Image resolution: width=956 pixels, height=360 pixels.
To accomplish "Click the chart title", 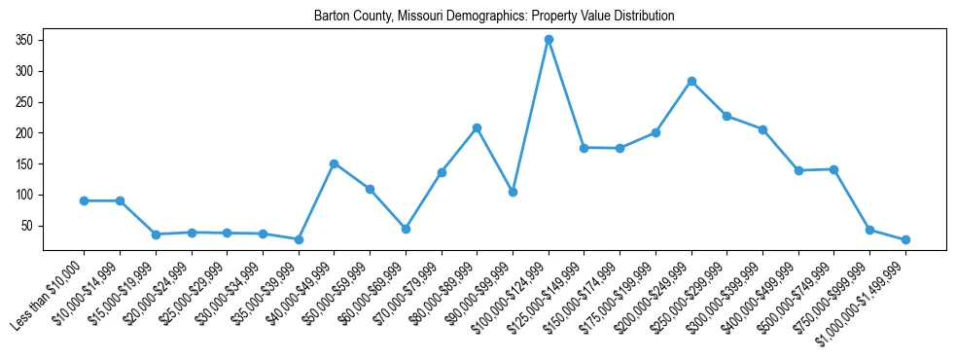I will (494, 17).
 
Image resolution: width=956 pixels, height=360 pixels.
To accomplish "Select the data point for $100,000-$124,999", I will (549, 40).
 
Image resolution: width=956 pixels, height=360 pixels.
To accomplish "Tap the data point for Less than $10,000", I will (85, 200).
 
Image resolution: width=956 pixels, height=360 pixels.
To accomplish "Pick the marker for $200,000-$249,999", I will (691, 82).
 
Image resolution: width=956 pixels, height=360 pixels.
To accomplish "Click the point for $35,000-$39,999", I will (299, 239).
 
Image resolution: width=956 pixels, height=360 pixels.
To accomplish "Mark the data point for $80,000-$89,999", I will (477, 127).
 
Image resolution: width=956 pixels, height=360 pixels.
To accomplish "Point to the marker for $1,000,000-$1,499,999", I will (905, 239).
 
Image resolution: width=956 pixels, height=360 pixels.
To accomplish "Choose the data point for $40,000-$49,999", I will (335, 163).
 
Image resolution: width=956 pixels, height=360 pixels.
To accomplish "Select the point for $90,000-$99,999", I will (513, 192).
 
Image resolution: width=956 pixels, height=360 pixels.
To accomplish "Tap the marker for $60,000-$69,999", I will (406, 229).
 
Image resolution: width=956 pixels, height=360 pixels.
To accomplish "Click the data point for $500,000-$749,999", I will (833, 169).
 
